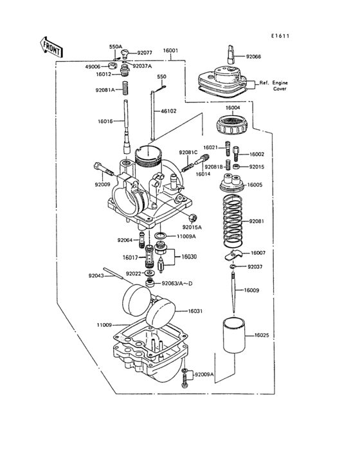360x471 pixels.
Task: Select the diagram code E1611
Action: click(x=280, y=36)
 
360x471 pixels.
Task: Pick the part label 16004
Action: click(x=233, y=107)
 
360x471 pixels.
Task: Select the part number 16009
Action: click(x=251, y=290)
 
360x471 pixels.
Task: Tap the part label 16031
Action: click(x=195, y=311)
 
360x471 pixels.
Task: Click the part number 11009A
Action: click(x=186, y=237)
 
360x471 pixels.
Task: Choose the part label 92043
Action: click(x=96, y=276)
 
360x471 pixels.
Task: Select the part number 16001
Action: click(x=170, y=50)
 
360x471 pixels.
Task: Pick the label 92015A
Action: click(x=192, y=227)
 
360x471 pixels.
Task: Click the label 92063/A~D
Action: click(x=178, y=282)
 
